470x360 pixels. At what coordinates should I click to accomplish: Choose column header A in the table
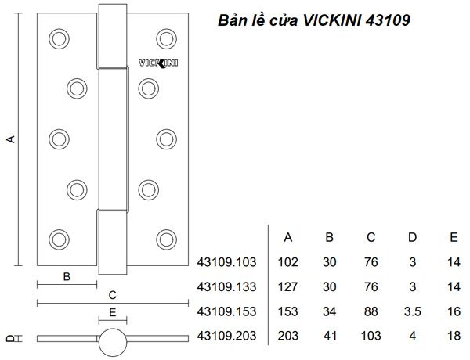(287, 238)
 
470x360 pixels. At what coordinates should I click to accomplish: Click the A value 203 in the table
(287, 337)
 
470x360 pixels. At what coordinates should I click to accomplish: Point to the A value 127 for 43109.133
(287, 287)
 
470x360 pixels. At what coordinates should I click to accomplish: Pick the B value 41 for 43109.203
(329, 337)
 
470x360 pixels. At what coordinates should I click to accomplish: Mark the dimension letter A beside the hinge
(11, 139)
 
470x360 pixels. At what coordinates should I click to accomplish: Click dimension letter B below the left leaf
(67, 275)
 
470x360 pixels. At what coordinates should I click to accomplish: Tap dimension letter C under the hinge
(112, 295)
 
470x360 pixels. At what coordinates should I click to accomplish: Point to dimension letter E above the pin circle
(112, 311)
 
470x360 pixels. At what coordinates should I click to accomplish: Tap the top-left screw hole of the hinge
(58, 37)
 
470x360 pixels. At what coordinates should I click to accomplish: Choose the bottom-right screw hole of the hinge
(165, 238)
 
